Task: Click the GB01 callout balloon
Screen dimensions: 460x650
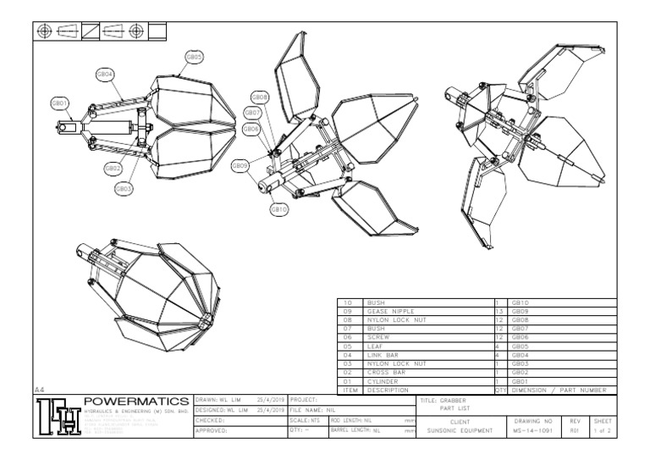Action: pos(60,103)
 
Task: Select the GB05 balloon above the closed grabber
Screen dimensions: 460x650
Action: pos(194,57)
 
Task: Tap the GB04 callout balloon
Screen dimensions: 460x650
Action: pos(106,75)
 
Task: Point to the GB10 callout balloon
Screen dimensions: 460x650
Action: pos(279,208)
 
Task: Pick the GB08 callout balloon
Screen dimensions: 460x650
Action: pos(260,97)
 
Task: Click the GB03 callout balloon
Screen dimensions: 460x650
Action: pos(124,188)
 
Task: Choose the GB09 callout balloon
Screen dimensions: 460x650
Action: pos(240,166)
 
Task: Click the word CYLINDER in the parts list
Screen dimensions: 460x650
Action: pos(382,381)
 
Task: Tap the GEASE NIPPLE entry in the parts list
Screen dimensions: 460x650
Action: pos(388,311)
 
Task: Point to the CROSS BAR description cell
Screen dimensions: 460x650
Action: pos(385,373)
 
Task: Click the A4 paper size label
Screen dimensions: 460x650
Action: pos(40,389)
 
